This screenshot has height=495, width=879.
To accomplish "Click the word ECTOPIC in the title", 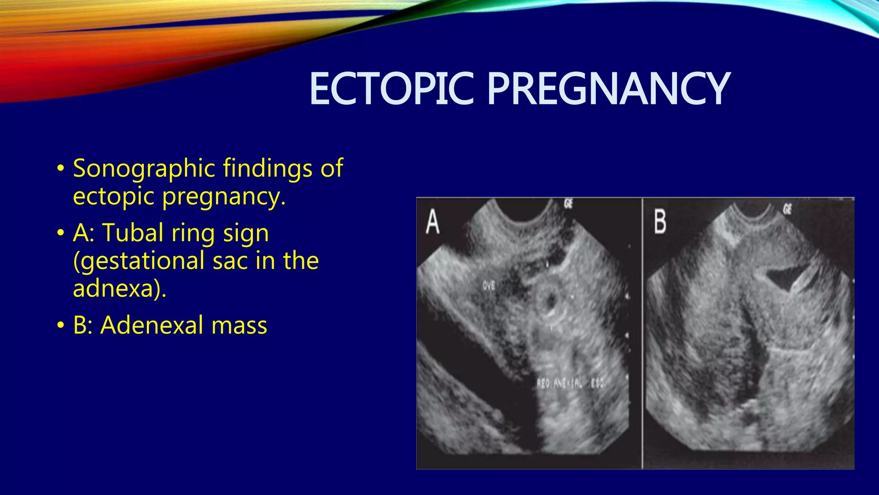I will pyautogui.click(x=391, y=89).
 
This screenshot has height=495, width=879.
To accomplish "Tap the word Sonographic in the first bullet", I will pyautogui.click(x=144, y=168).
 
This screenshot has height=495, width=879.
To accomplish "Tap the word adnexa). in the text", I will pyautogui.click(x=119, y=288).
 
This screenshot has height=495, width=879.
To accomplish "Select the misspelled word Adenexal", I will pyautogui.click(x=152, y=325).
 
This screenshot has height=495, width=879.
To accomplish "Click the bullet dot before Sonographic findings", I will pyautogui.click(x=61, y=168).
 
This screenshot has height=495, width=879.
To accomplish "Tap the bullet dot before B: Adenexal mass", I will pyautogui.click(x=61, y=325).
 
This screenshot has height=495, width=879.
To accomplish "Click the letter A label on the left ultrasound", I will pyautogui.click(x=433, y=222).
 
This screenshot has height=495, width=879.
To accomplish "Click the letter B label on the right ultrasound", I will pyautogui.click(x=660, y=222).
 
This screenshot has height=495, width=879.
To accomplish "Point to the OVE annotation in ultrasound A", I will pyautogui.click(x=489, y=285).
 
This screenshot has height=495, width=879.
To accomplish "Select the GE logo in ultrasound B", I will pyautogui.click(x=787, y=209).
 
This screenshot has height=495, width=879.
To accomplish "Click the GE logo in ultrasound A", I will pyautogui.click(x=568, y=204).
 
